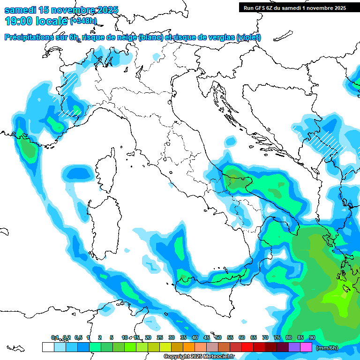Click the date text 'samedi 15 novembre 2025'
pos(61,10)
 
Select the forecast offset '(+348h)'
pos(83,21)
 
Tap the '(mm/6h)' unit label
pos(327,348)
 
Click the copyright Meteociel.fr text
pos(199,357)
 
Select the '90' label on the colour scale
pos(312,337)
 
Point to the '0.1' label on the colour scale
pos(55,337)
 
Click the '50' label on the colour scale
pos(218,337)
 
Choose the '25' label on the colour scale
pos(160,337)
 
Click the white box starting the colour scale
pos(48,347)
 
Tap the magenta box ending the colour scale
pos(306,347)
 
